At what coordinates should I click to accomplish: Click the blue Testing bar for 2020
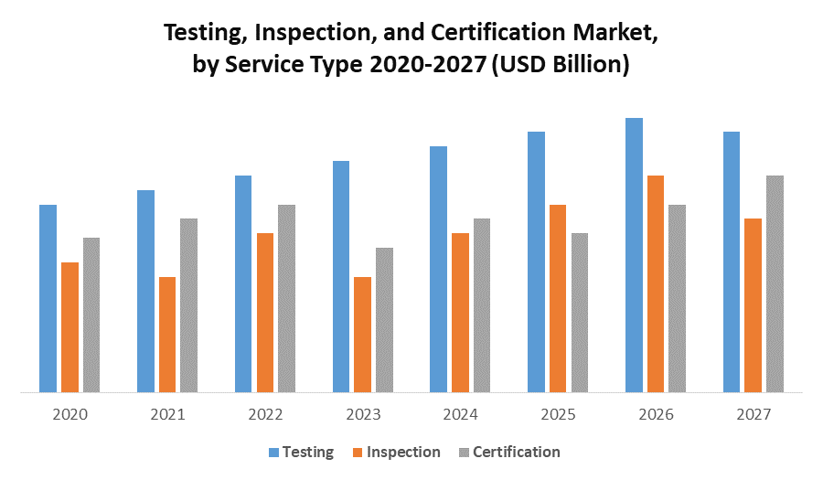coord(48,299)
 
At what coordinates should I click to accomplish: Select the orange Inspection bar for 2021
coord(167,335)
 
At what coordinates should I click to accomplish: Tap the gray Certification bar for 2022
coord(286,299)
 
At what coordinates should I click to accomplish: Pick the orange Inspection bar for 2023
coord(362,335)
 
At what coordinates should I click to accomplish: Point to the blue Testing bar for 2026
coord(634,256)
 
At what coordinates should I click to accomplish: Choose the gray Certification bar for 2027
coord(775,284)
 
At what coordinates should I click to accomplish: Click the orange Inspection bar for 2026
coord(656,284)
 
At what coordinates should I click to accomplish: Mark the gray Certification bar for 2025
coord(580,313)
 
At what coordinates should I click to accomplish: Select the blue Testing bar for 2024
coord(438,270)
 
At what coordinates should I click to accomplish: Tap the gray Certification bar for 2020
coord(91,315)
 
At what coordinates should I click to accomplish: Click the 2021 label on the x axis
coord(167,414)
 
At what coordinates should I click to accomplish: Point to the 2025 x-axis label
coord(558,414)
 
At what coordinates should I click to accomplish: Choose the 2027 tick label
coord(754,414)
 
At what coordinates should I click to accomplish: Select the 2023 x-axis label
coord(363,414)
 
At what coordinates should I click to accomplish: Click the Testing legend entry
coord(301,452)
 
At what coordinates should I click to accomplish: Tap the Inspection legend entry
coord(402,452)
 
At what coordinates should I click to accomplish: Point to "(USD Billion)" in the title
coord(561,66)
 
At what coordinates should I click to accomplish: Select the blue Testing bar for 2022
coord(243,284)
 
